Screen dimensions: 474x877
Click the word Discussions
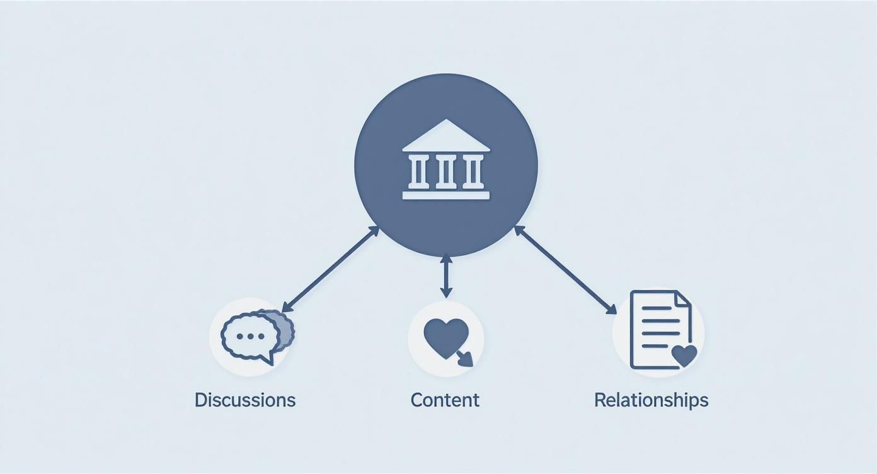244,400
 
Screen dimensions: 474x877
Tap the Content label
445,400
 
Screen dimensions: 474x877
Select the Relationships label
651,400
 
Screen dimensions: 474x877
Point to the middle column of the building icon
446,171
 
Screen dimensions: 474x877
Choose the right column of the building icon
473,171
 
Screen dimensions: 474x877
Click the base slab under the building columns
446,195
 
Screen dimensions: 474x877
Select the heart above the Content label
445,335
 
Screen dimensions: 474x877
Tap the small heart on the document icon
684,355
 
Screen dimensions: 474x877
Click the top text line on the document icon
658,308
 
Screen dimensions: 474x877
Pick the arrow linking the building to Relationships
565,270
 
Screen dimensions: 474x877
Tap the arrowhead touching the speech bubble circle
286,308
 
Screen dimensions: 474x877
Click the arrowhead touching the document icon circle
611,309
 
